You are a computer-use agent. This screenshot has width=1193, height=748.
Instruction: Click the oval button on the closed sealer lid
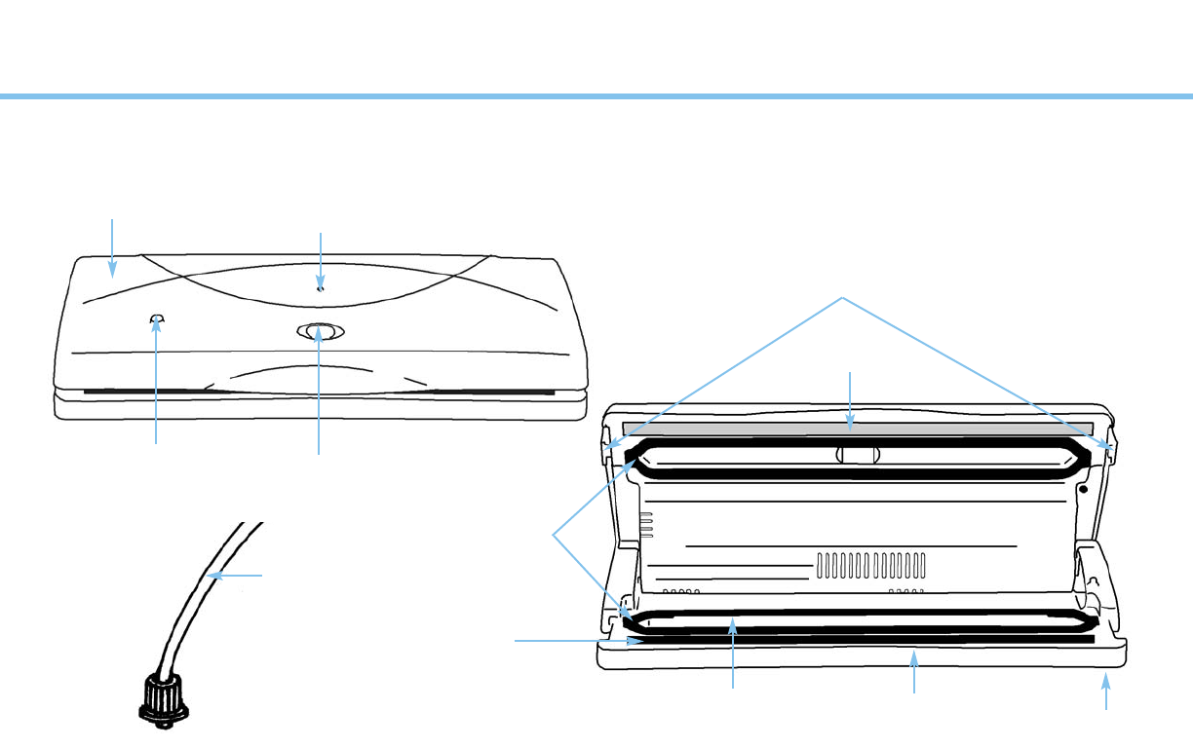click(x=320, y=332)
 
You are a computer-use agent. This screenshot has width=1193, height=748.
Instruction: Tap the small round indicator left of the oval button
click(x=157, y=318)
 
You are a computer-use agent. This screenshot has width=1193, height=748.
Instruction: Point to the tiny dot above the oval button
click(x=320, y=288)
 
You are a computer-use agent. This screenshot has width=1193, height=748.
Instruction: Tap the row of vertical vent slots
click(x=869, y=565)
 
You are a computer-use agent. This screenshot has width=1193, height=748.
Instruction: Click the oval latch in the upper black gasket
click(x=858, y=455)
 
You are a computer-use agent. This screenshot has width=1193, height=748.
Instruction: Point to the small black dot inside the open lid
click(x=1083, y=488)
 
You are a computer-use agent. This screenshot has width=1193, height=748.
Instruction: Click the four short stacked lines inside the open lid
click(x=645, y=525)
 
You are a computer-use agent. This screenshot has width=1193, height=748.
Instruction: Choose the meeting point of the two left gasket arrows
click(x=554, y=534)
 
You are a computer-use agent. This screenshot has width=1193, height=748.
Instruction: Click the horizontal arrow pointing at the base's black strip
click(x=575, y=641)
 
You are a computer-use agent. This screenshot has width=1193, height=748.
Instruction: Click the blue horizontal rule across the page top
click(x=596, y=96)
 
